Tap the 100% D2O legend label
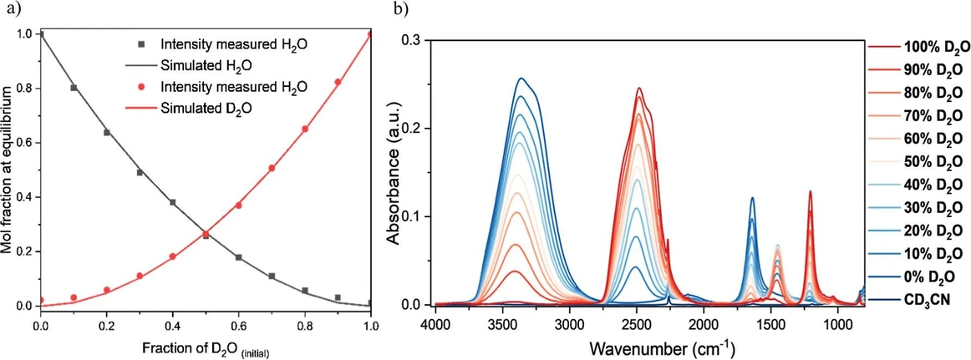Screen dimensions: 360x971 click(933, 47)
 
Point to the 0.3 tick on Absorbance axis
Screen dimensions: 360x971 click(413, 40)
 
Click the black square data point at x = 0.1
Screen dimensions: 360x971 click(74, 87)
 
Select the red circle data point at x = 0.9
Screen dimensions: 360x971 click(338, 82)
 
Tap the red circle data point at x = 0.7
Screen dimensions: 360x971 click(272, 168)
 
